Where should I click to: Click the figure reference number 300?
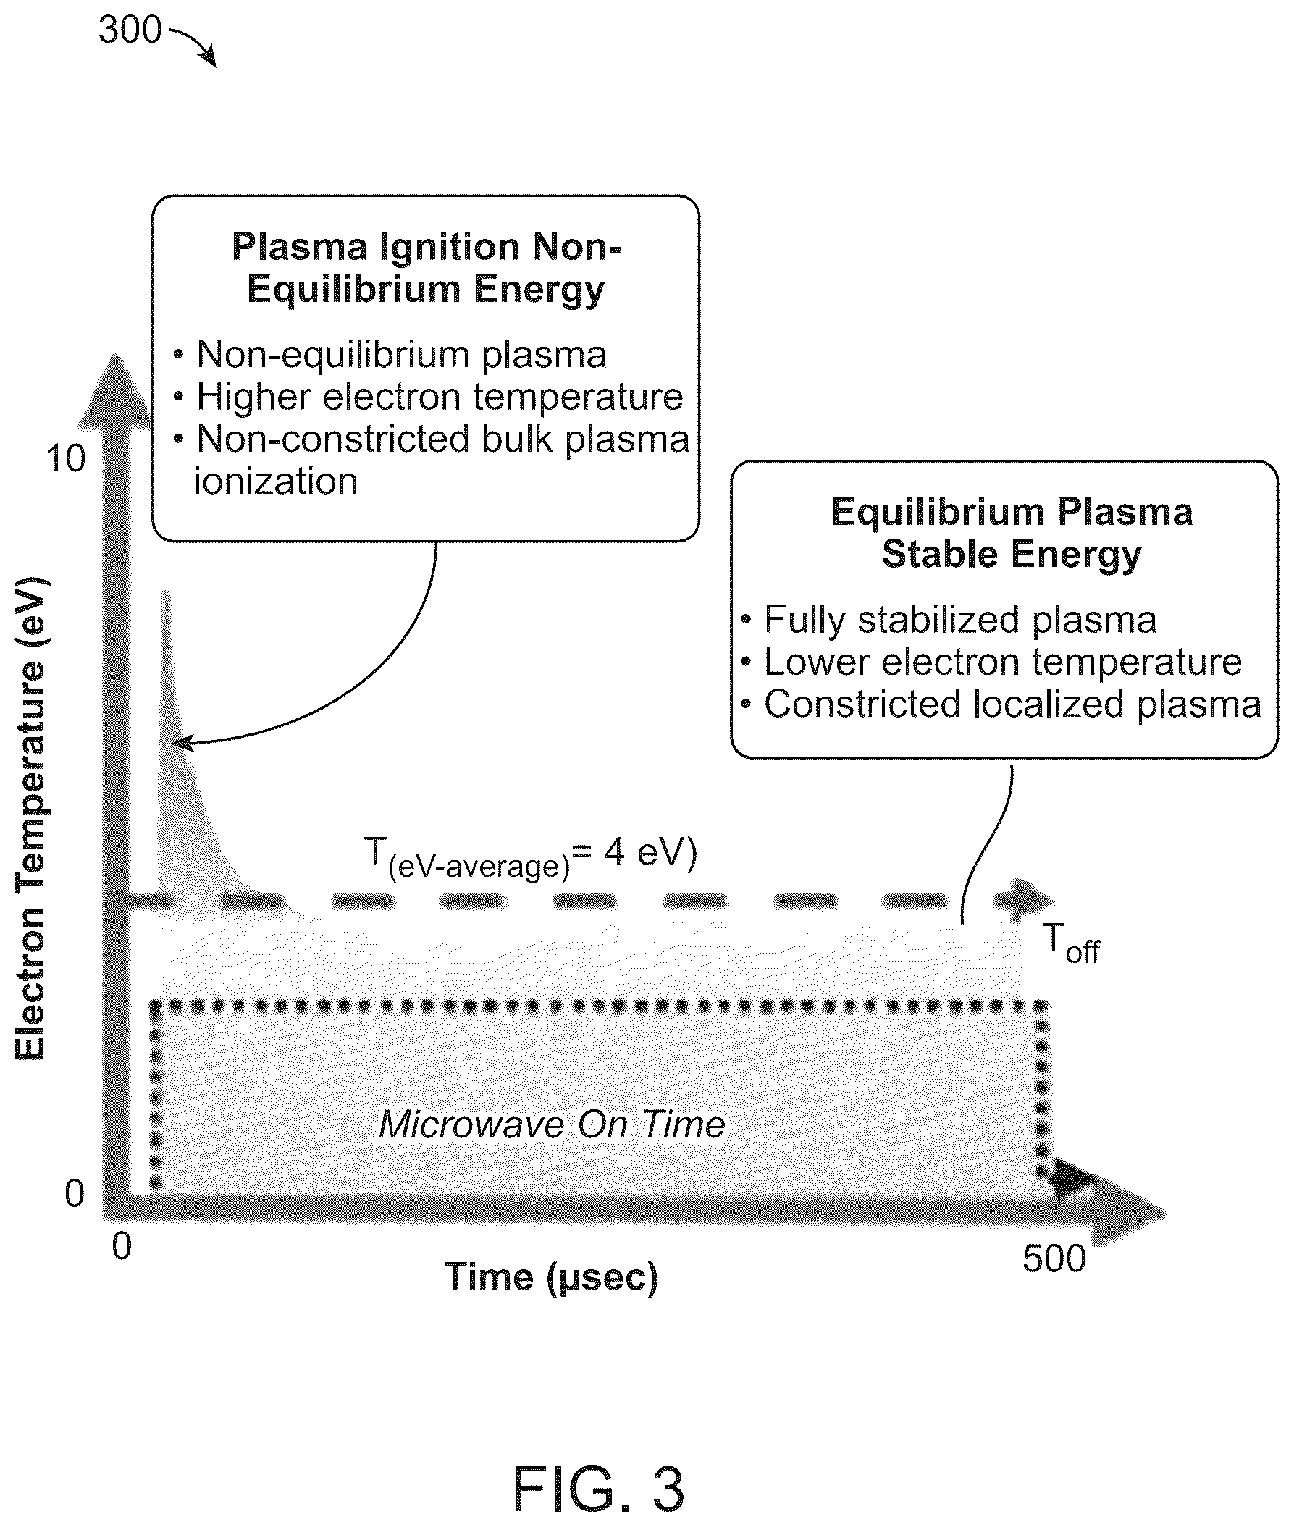pyautogui.click(x=130, y=31)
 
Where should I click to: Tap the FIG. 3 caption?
pyautogui.click(x=598, y=1488)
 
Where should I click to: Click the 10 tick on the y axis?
pyautogui.click(x=65, y=459)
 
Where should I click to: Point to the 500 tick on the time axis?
pyautogui.click(x=1054, y=1258)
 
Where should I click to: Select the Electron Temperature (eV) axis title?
pyautogui.click(x=32, y=818)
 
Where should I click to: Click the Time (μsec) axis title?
pyautogui.click(x=551, y=1277)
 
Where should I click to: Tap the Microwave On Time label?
pyautogui.click(x=552, y=1124)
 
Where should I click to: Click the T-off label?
pyautogui.click(x=1072, y=945)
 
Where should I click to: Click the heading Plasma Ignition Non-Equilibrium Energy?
pyautogui.click(x=427, y=268)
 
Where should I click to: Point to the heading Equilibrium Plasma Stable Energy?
pyautogui.click(x=1012, y=533)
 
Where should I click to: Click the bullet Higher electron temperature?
pyautogui.click(x=429, y=397)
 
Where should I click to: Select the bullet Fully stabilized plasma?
pyautogui.click(x=949, y=620)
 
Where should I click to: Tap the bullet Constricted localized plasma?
pyautogui.click(x=1001, y=704)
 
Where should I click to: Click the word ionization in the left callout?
pyautogui.click(x=276, y=482)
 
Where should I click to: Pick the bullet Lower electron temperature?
pyautogui.click(x=992, y=662)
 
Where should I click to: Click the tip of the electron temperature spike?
pyautogui.click(x=167, y=591)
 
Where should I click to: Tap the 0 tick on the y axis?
pyautogui.click(x=75, y=1194)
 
